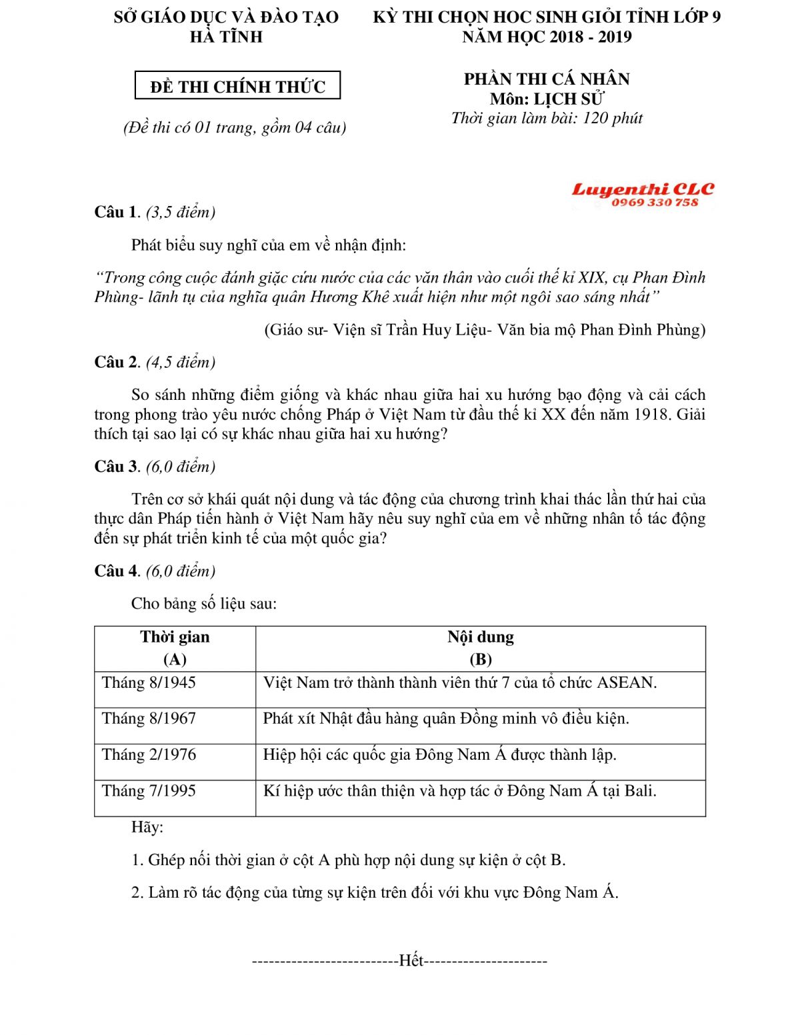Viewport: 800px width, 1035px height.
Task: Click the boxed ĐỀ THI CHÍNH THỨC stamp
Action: click(238, 86)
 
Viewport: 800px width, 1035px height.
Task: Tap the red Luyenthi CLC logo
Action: click(642, 189)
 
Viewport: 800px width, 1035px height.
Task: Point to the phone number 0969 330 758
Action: click(655, 203)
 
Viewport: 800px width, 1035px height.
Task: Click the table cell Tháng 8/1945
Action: click(149, 682)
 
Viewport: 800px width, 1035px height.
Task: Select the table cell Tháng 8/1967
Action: click(149, 718)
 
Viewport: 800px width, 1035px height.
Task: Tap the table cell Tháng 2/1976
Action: click(149, 754)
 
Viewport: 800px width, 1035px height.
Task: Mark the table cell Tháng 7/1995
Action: click(149, 791)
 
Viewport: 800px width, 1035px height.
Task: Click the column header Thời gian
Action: click(175, 637)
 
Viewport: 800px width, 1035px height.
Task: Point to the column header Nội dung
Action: click(481, 637)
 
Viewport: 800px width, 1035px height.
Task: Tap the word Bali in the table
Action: click(639, 791)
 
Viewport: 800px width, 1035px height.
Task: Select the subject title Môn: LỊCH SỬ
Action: click(547, 99)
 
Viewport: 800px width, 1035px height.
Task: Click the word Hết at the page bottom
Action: click(411, 960)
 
